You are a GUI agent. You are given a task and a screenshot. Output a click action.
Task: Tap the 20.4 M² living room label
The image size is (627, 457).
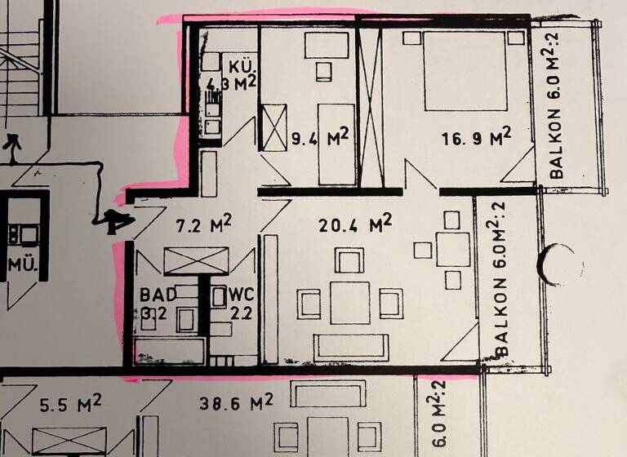pyautogui.click(x=358, y=223)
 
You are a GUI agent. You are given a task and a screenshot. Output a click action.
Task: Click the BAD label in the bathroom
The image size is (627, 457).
pyautogui.click(x=155, y=294)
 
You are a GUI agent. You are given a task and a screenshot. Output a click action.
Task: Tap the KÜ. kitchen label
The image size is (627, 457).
pyautogui.click(x=243, y=66)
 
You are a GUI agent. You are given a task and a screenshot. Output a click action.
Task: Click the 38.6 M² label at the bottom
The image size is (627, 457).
pyautogui.click(x=235, y=402)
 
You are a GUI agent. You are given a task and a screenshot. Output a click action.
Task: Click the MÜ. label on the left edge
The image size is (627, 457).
pyautogui.click(x=20, y=264)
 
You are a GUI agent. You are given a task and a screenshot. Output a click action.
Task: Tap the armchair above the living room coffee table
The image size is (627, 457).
pyautogui.click(x=349, y=261)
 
